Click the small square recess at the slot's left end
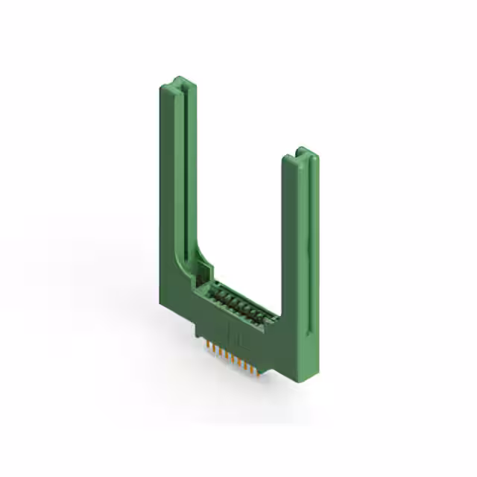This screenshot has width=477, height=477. tap(201, 266)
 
